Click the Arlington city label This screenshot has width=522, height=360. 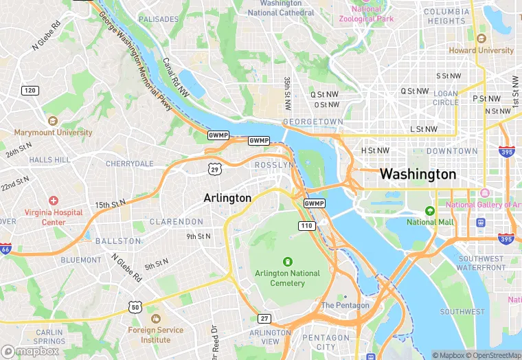pyautogui.click(x=227, y=198)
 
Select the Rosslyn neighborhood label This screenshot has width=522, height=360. pyautogui.click(x=274, y=166)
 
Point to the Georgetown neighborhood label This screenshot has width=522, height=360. pyautogui.click(x=313, y=122)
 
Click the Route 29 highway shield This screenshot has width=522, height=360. pyautogui.click(x=215, y=168)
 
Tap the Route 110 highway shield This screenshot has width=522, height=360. pyautogui.click(x=306, y=226)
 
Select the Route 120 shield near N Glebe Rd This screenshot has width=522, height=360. pyautogui.click(x=30, y=91)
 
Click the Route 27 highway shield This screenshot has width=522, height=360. pyautogui.click(x=264, y=318)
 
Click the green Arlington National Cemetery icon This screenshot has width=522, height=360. pyautogui.click(x=287, y=261)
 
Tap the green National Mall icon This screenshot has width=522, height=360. pyautogui.click(x=430, y=211)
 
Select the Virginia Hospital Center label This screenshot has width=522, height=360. pyautogui.click(x=54, y=217)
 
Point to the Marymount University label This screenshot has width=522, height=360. pyautogui.click(x=53, y=132)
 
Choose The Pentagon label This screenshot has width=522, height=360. pyautogui.click(x=345, y=305)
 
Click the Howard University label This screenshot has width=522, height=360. pyautogui.click(x=481, y=50)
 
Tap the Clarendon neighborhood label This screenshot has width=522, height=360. pyautogui.click(x=177, y=222)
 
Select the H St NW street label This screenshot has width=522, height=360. pyautogui.click(x=375, y=150)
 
